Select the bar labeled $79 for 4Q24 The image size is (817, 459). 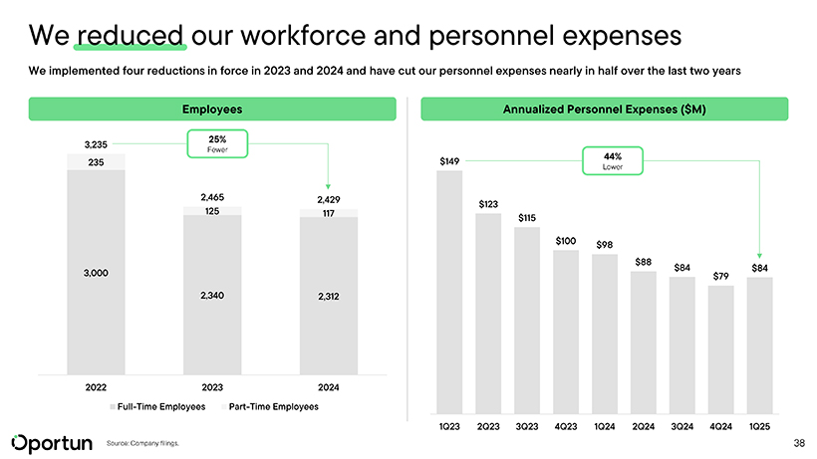coord(720,348)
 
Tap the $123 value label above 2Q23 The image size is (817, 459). coord(488,204)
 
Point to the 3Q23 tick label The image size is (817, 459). coord(527,426)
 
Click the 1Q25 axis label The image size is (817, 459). coord(759,426)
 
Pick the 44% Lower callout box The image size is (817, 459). coord(613,161)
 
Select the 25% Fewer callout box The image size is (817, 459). coord(216,144)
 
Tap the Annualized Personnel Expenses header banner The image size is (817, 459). coord(606,109)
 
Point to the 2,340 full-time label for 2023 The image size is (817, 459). coord(212,296)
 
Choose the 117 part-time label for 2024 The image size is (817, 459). coord(328,212)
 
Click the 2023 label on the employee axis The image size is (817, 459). coord(212,387)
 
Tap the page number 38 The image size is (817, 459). coord(799,442)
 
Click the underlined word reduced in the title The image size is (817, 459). coord(131,37)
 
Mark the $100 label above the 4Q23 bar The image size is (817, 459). coord(566,240)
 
